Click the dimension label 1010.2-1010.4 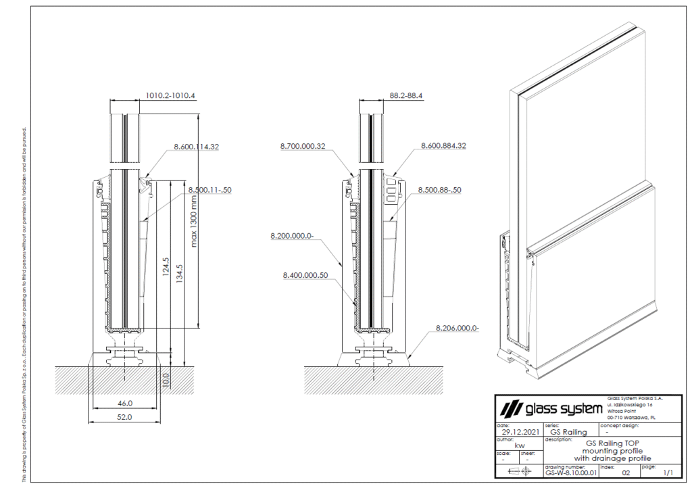[x=170, y=95]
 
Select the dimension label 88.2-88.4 [x=406, y=95]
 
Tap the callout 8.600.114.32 [x=197, y=146]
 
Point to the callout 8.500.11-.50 [x=209, y=190]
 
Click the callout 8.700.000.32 [x=303, y=145]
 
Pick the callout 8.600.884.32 [x=443, y=145]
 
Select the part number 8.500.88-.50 [x=439, y=190]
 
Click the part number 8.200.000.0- [x=293, y=236]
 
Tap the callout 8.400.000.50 [x=305, y=275]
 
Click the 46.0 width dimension [x=125, y=403]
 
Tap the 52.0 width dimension [x=125, y=417]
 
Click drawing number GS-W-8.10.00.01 [x=571, y=473]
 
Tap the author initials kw [x=520, y=445]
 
